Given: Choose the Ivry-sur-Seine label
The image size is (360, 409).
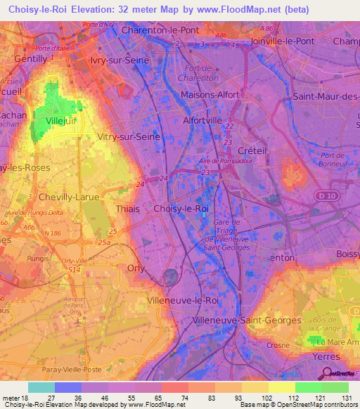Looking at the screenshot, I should pyautogui.click(x=120, y=60).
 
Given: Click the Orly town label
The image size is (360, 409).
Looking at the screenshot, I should pyautogui.click(x=136, y=268).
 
